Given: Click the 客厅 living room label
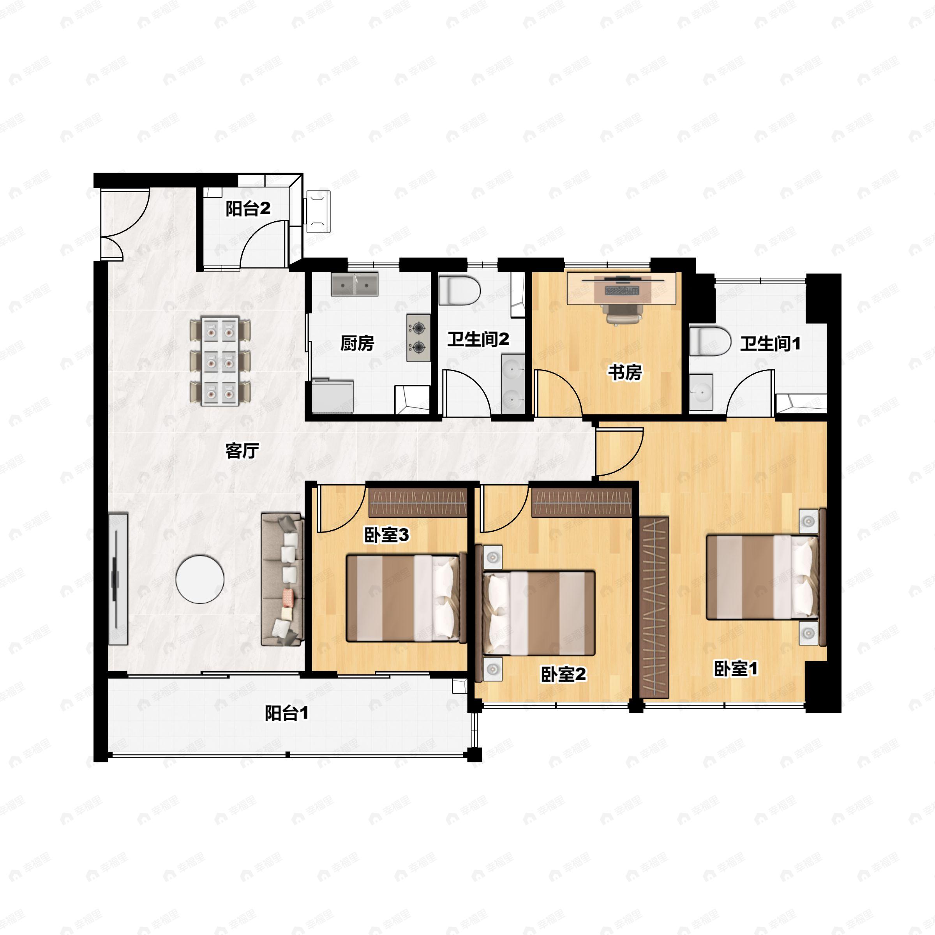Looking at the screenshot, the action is pos(242,451).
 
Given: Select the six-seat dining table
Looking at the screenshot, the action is pos(220,361).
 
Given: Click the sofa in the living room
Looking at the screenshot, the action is pos(282,579).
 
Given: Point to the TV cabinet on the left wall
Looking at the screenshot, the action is pos(118,579).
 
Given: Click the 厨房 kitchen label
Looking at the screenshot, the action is pos(357,343).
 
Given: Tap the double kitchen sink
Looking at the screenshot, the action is pos(355,284).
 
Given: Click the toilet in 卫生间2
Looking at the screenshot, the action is pos(459,290).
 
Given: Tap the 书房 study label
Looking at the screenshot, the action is pos(625,373).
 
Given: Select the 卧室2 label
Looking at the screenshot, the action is pos(563,674).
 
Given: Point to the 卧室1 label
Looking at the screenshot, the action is pos(736,669).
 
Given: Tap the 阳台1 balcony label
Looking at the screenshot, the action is pos(286,713).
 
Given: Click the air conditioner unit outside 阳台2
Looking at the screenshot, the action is pos(318,212).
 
